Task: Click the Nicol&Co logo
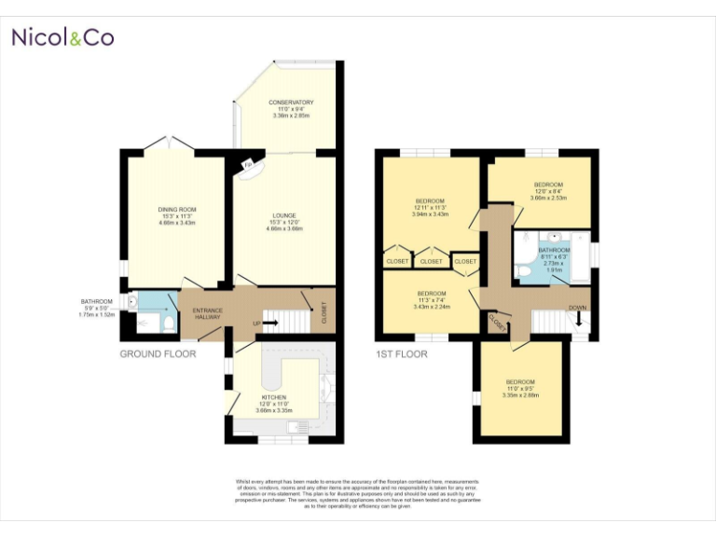tap(62, 38)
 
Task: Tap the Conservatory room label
tap(291, 108)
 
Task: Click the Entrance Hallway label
tap(207, 313)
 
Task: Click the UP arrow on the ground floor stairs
tap(270, 324)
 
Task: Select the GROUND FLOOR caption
tap(158, 354)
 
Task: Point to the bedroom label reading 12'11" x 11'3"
tap(430, 207)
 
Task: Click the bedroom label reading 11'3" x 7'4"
tap(432, 299)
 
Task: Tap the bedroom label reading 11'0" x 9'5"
tap(520, 388)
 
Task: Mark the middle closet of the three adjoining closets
tap(432, 262)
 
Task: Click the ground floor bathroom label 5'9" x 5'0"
tap(96, 308)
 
